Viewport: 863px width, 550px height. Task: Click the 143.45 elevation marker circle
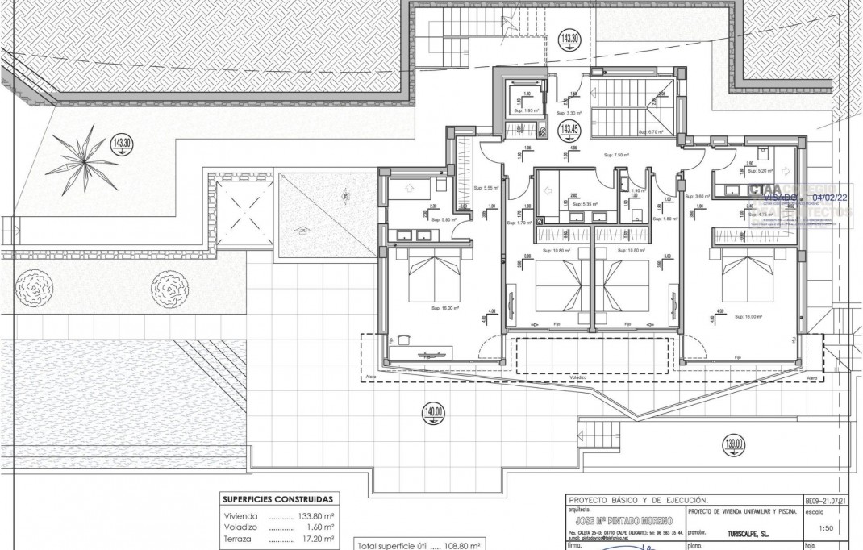point(570,130)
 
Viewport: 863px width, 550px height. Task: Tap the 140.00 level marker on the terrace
point(433,415)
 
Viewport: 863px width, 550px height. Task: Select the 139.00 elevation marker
point(734,443)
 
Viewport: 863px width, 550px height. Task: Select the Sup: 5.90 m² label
point(444,219)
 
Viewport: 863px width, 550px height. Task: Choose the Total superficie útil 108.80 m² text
point(419,545)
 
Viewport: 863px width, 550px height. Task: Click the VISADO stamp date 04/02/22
point(831,196)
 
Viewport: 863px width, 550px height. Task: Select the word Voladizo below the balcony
point(577,377)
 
